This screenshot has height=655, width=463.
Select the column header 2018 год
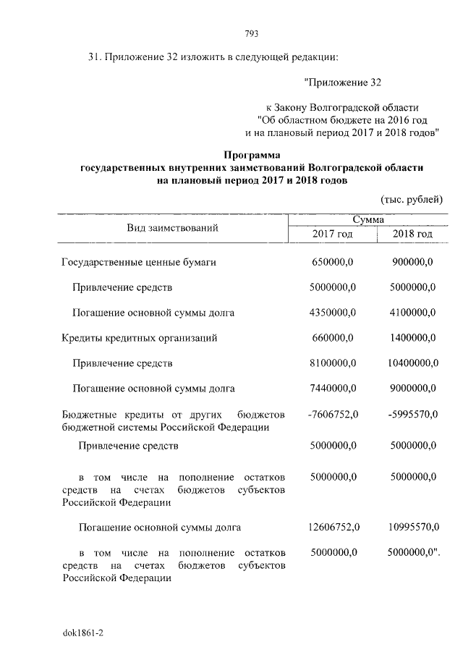click(412, 234)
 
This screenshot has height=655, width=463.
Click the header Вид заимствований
click(173, 227)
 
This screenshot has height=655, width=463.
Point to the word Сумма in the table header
click(368, 219)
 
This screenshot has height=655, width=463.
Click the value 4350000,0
click(332, 313)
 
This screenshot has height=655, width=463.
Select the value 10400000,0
click(410, 363)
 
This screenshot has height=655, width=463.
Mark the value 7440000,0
click(332, 388)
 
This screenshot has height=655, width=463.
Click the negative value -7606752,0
click(331, 413)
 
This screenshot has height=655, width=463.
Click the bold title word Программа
click(252, 154)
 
